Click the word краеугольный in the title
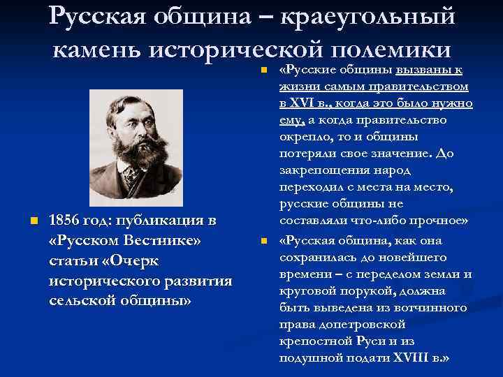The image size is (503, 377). (368, 16)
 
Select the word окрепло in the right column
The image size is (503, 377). (302, 137)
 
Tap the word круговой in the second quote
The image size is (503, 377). (306, 290)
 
